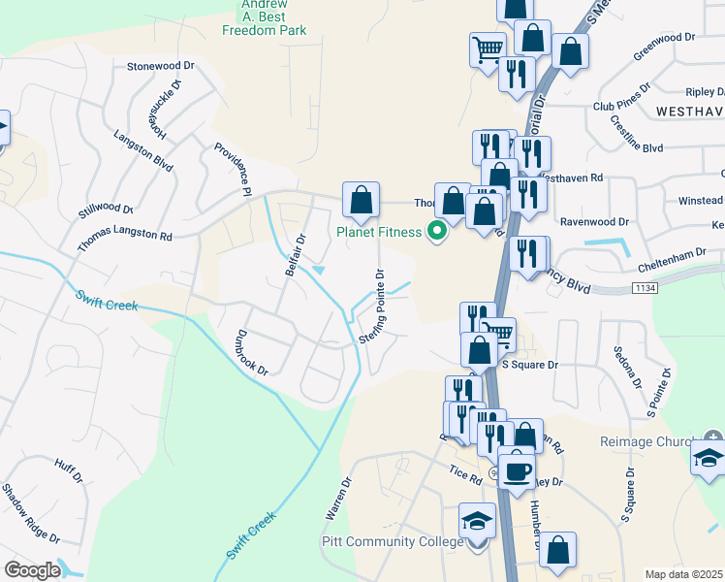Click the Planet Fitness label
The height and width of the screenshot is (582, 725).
pos(379,231)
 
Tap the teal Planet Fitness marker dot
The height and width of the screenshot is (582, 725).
pos(437,231)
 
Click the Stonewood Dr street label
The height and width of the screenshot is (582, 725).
pos(161,66)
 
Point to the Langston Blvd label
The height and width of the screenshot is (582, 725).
pos(142,151)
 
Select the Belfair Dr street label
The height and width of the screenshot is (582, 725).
pos(296,254)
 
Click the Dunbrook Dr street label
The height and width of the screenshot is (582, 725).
pos(249,353)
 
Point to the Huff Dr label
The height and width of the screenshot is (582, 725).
pos(68,471)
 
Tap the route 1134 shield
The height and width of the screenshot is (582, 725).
pos(644,288)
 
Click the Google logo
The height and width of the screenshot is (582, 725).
pos(32,570)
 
